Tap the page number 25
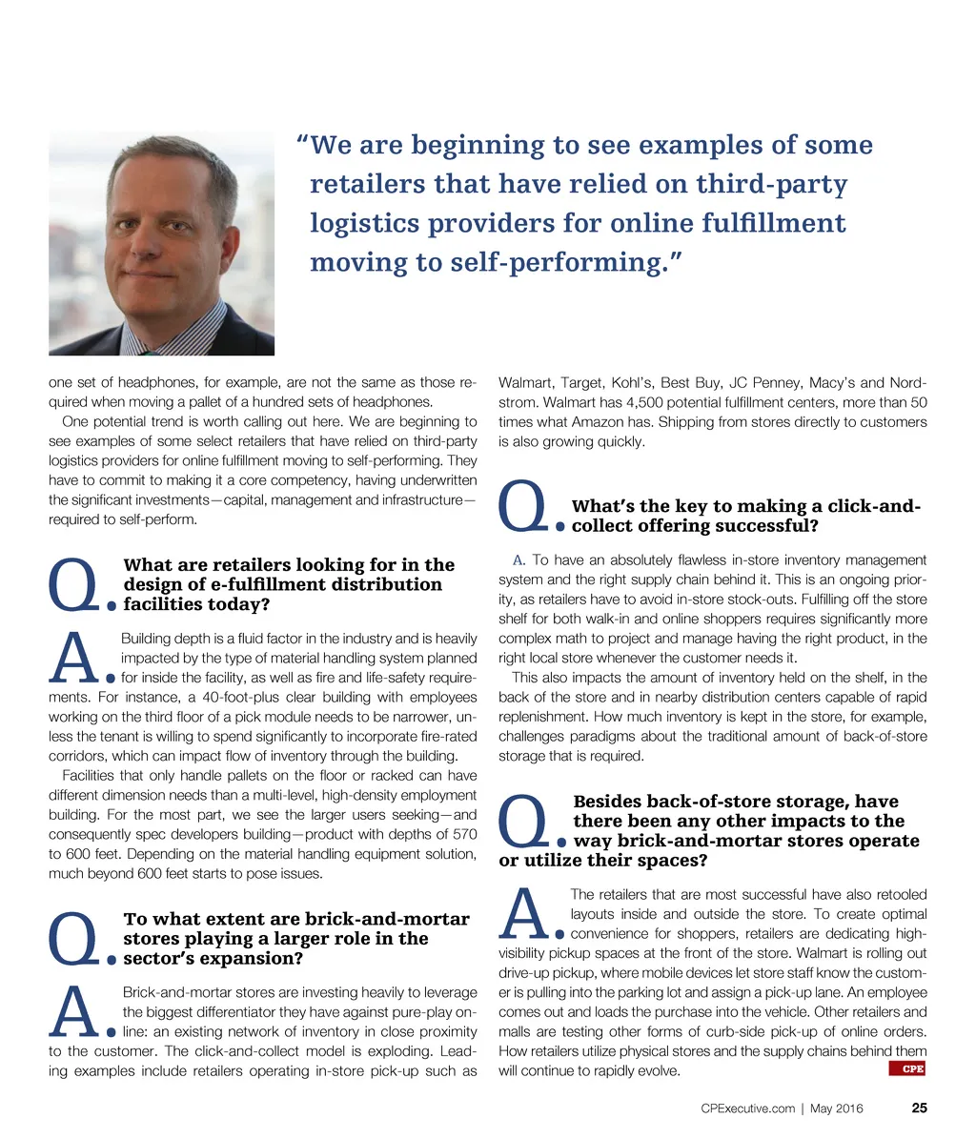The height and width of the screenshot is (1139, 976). (x=919, y=1108)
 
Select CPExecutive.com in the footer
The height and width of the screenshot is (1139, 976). (x=747, y=1108)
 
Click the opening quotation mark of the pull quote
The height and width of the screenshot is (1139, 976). (x=302, y=145)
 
